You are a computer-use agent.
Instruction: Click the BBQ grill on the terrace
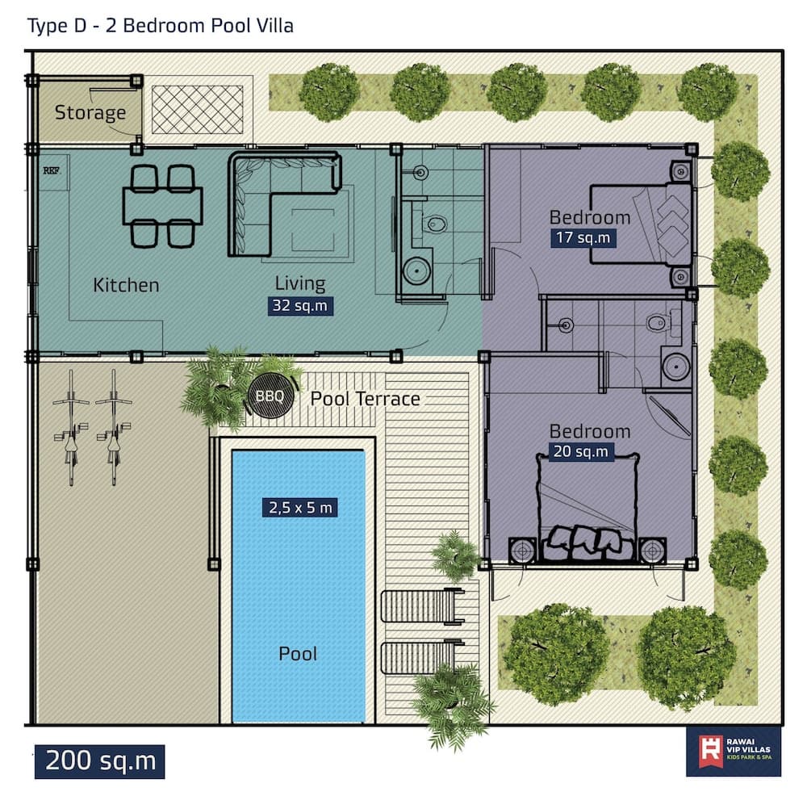(x=270, y=396)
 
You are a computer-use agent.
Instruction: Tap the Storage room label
(x=90, y=112)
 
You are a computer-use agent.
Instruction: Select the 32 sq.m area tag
(x=300, y=306)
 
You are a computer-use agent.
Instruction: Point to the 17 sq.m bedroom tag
(x=583, y=238)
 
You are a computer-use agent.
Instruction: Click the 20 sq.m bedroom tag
(x=581, y=451)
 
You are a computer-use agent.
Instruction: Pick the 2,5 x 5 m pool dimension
(x=300, y=508)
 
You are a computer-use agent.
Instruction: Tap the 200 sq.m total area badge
(x=100, y=761)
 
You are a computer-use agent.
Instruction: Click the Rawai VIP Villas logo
(x=734, y=752)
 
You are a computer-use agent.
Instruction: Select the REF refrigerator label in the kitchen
(x=51, y=170)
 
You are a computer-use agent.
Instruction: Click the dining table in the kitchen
(x=163, y=206)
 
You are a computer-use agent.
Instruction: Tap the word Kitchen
(x=126, y=285)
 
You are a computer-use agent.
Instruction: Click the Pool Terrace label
(x=366, y=399)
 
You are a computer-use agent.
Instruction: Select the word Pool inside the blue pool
(x=298, y=654)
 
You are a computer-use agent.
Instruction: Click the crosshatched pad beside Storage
(x=198, y=110)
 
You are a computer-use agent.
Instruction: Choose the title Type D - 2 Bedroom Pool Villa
(x=161, y=26)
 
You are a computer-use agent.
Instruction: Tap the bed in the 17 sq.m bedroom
(x=641, y=224)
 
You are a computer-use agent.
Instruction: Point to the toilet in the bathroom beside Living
(x=436, y=224)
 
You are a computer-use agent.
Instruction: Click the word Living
(x=300, y=283)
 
